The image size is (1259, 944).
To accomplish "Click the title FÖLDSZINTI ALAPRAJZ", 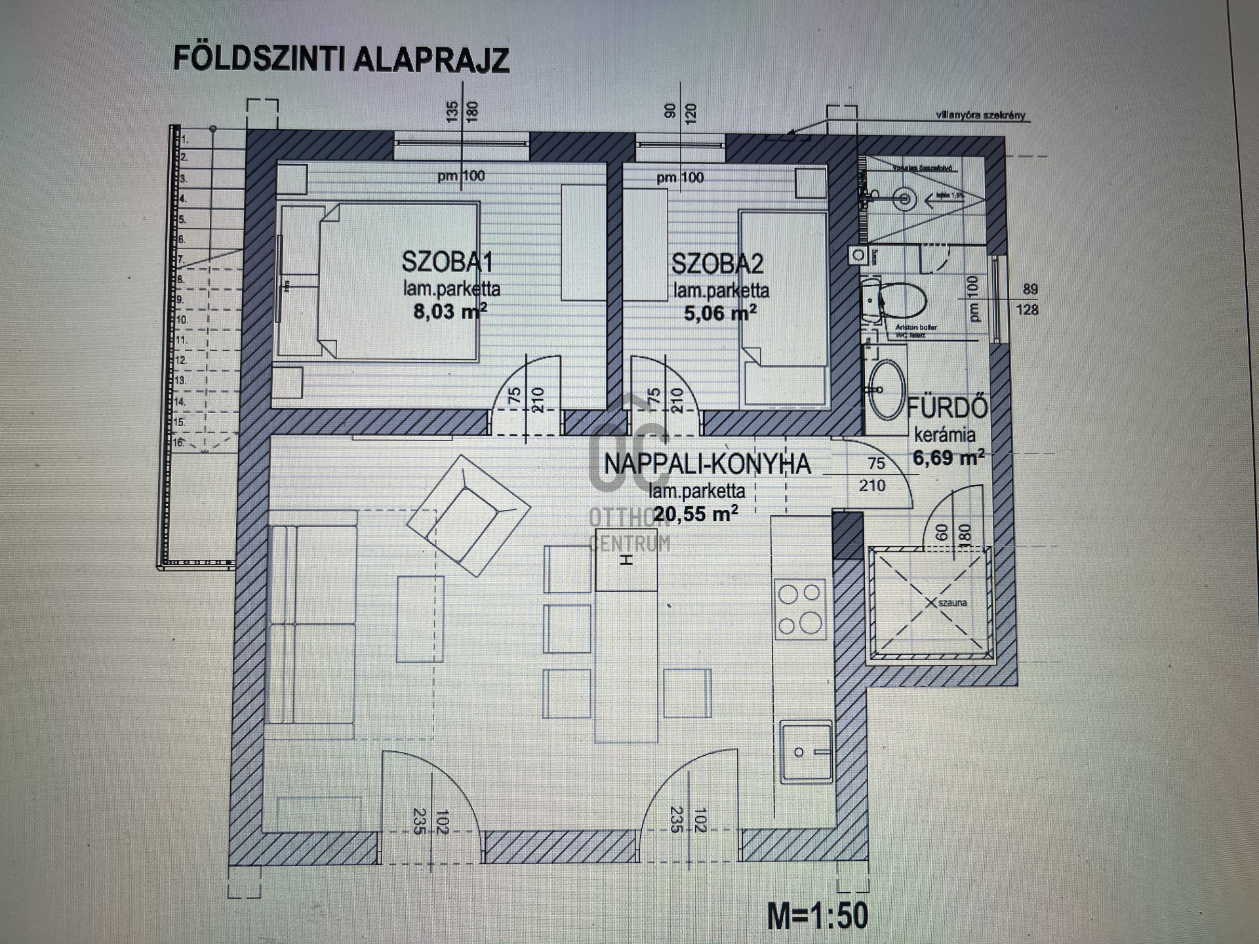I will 341,59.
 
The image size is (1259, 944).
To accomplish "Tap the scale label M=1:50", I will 818,915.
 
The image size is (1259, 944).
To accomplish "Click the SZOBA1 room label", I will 447,262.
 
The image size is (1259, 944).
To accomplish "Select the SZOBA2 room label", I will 717,264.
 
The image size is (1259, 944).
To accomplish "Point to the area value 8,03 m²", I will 449,311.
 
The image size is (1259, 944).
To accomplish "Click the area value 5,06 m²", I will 719,313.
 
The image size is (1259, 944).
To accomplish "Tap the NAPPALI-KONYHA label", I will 707,464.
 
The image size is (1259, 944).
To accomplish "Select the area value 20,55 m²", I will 695,514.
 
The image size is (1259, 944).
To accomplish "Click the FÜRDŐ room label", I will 947,408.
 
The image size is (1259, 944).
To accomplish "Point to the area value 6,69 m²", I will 948,457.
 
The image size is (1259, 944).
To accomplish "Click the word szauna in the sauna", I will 952,602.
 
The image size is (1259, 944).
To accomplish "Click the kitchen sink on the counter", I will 807,751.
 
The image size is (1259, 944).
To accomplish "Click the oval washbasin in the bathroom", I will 886,389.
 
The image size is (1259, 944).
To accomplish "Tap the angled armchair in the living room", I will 468,515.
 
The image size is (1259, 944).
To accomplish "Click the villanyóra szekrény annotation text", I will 980,115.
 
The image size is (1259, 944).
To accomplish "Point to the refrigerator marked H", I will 626,561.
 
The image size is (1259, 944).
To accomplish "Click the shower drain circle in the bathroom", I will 904,198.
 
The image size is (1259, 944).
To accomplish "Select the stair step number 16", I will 178,442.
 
